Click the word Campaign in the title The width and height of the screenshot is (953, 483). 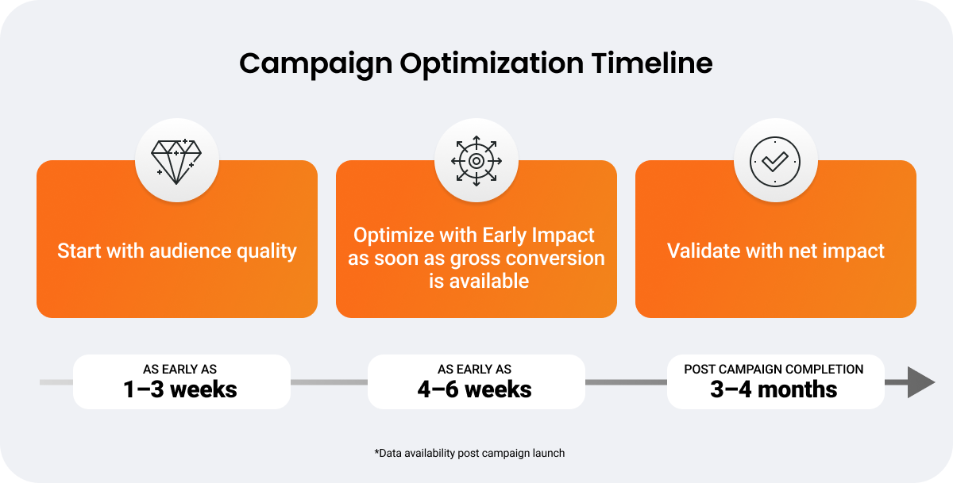(316, 64)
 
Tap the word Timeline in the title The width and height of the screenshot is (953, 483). (652, 63)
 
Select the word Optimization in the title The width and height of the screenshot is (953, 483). (492, 64)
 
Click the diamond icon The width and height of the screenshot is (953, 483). (176, 162)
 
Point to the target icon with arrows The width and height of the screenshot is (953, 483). (476, 161)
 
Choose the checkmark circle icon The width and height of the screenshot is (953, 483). (775, 162)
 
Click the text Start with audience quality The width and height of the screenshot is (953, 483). (177, 251)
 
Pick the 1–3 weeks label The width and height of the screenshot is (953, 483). (180, 389)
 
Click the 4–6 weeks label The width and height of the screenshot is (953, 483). (474, 389)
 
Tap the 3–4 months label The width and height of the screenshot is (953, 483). (774, 389)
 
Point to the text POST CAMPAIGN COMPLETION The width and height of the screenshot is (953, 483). (774, 369)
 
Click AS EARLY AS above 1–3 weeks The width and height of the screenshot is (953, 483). (180, 369)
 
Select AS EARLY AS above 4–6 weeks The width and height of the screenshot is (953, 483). (474, 369)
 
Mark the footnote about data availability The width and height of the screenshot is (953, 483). (469, 454)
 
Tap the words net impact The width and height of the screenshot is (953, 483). (836, 251)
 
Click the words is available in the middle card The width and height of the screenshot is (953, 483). (479, 282)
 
